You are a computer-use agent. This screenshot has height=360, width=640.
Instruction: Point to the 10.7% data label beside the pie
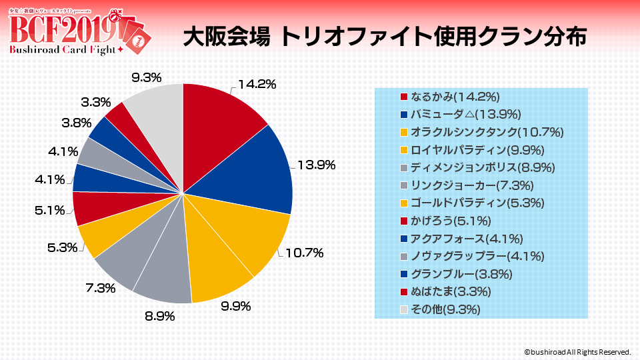click(x=305, y=253)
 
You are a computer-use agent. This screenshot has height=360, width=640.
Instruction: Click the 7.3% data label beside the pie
click(x=101, y=288)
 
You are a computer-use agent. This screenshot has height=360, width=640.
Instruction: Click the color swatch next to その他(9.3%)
click(x=403, y=310)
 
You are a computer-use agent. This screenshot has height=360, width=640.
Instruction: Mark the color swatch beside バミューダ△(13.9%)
click(x=403, y=114)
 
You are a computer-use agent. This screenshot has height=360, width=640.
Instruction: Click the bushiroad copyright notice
click(x=577, y=351)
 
